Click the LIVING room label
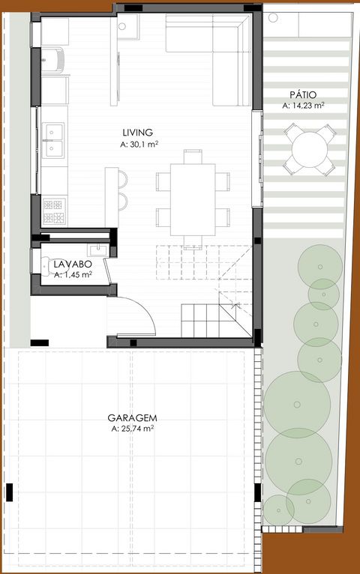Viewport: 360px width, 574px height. click(137, 132)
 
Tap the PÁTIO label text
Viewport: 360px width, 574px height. click(303, 95)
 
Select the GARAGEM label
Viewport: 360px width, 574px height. click(132, 417)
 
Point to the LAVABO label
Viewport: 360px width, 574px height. click(73, 264)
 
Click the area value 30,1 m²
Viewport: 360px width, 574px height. click(139, 145)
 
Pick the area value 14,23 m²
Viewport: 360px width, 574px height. click(304, 106)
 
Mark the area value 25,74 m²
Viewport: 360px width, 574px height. click(132, 429)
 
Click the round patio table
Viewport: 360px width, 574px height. click(310, 149)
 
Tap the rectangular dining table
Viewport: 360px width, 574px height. click(193, 199)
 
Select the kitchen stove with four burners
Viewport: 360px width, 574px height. click(54, 211)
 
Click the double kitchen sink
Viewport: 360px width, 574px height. click(53, 141)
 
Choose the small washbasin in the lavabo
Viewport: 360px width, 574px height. click(97, 250)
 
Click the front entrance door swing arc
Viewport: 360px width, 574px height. click(145, 306)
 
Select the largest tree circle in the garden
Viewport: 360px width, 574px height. click(297, 405)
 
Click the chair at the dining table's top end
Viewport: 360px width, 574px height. click(193, 157)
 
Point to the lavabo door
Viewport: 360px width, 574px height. click(107, 271)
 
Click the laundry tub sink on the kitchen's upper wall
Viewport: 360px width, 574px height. click(53, 60)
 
